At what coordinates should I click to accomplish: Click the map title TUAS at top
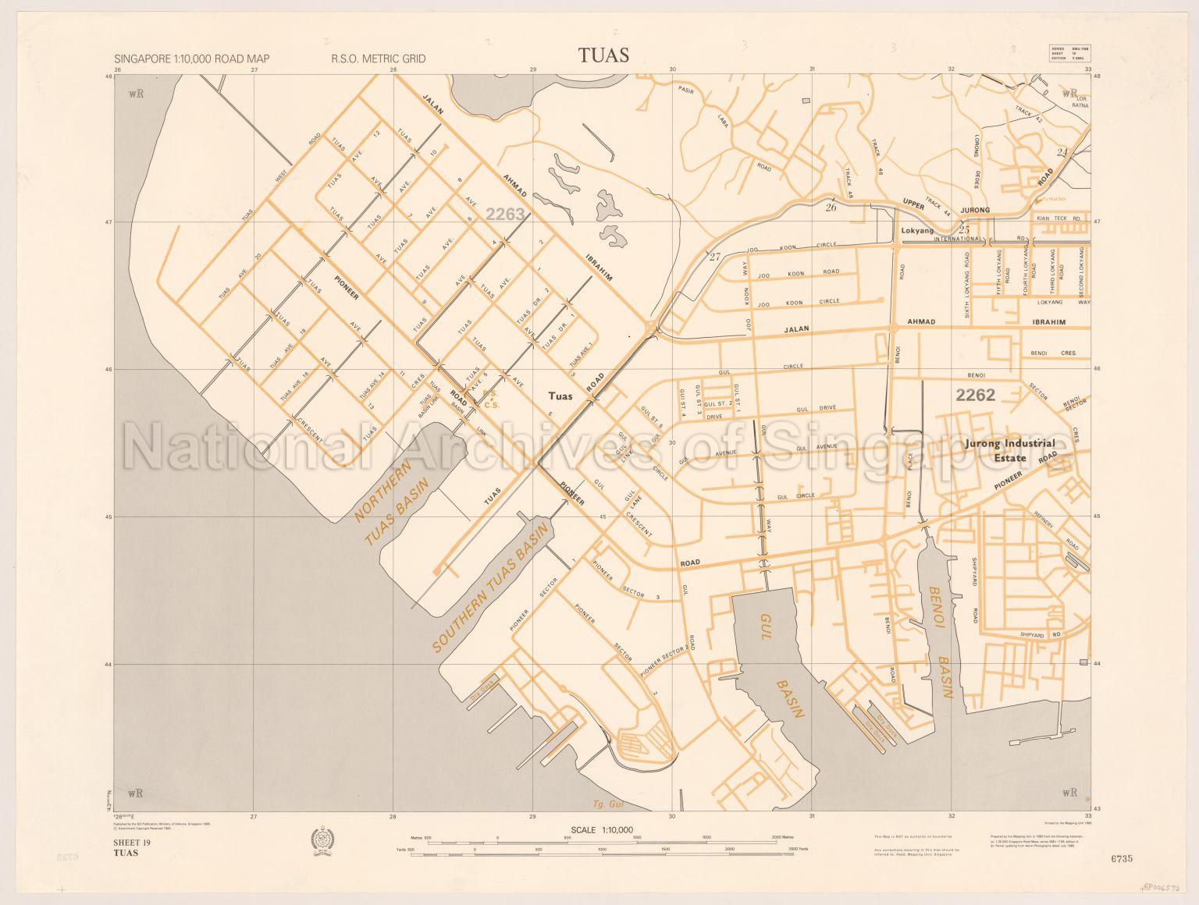coord(603,55)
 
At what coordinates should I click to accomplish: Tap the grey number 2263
coord(505,213)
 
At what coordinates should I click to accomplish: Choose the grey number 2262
coord(976,395)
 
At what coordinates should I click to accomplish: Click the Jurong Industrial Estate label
coord(1010,450)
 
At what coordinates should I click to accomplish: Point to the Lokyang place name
coord(917,231)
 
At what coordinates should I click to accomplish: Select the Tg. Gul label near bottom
coord(605,804)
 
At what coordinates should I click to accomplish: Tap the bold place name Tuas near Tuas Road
coord(560,396)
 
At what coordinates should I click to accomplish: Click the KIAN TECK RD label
coord(1058,219)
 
